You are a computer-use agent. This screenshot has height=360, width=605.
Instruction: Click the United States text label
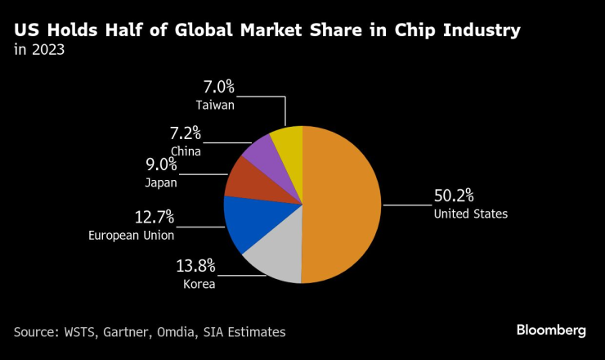470,214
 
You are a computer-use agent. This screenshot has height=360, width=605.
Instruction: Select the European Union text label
131,236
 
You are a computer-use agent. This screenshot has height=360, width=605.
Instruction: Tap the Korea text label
199,284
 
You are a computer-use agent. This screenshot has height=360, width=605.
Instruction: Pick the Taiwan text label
215,105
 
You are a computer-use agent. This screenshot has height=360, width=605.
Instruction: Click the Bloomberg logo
551,330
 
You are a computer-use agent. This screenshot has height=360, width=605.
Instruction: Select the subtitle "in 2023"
39,51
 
